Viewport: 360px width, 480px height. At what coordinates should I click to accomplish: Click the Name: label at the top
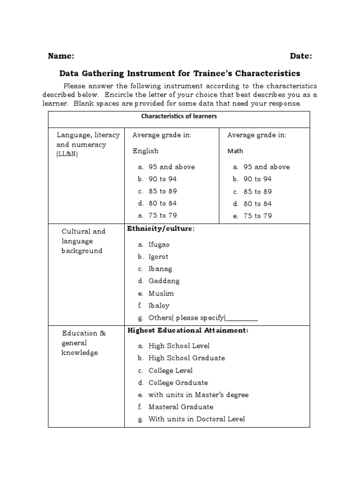[x=61, y=56]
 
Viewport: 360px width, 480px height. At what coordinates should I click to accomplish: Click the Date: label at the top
[x=300, y=56]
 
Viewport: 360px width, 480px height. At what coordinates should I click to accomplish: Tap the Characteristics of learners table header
[x=179, y=116]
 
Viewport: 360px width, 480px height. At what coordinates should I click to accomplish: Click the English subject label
[x=145, y=151]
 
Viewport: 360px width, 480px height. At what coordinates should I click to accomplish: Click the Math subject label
[x=235, y=151]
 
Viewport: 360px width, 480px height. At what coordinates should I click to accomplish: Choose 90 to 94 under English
[x=163, y=179]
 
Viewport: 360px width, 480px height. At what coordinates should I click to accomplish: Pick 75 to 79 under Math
[x=257, y=216]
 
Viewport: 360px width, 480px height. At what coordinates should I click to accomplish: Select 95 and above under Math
[x=266, y=167]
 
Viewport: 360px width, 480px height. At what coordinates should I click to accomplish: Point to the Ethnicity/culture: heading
[x=160, y=229]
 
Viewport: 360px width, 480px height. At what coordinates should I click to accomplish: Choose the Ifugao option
[x=159, y=245]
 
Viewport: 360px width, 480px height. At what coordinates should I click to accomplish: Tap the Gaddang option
[x=164, y=281]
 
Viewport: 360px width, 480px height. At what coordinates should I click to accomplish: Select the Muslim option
[x=161, y=293]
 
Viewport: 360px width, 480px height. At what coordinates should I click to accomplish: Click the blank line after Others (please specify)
[x=242, y=318]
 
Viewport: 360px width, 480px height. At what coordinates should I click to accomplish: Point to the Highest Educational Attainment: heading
[x=187, y=330]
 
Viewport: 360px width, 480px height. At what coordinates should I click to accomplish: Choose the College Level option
[x=171, y=370]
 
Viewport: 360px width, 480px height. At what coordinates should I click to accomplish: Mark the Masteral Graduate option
[x=181, y=407]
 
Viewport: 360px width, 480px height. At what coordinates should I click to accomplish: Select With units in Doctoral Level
[x=196, y=419]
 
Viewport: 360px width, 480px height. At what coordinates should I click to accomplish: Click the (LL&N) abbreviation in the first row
[x=67, y=154]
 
